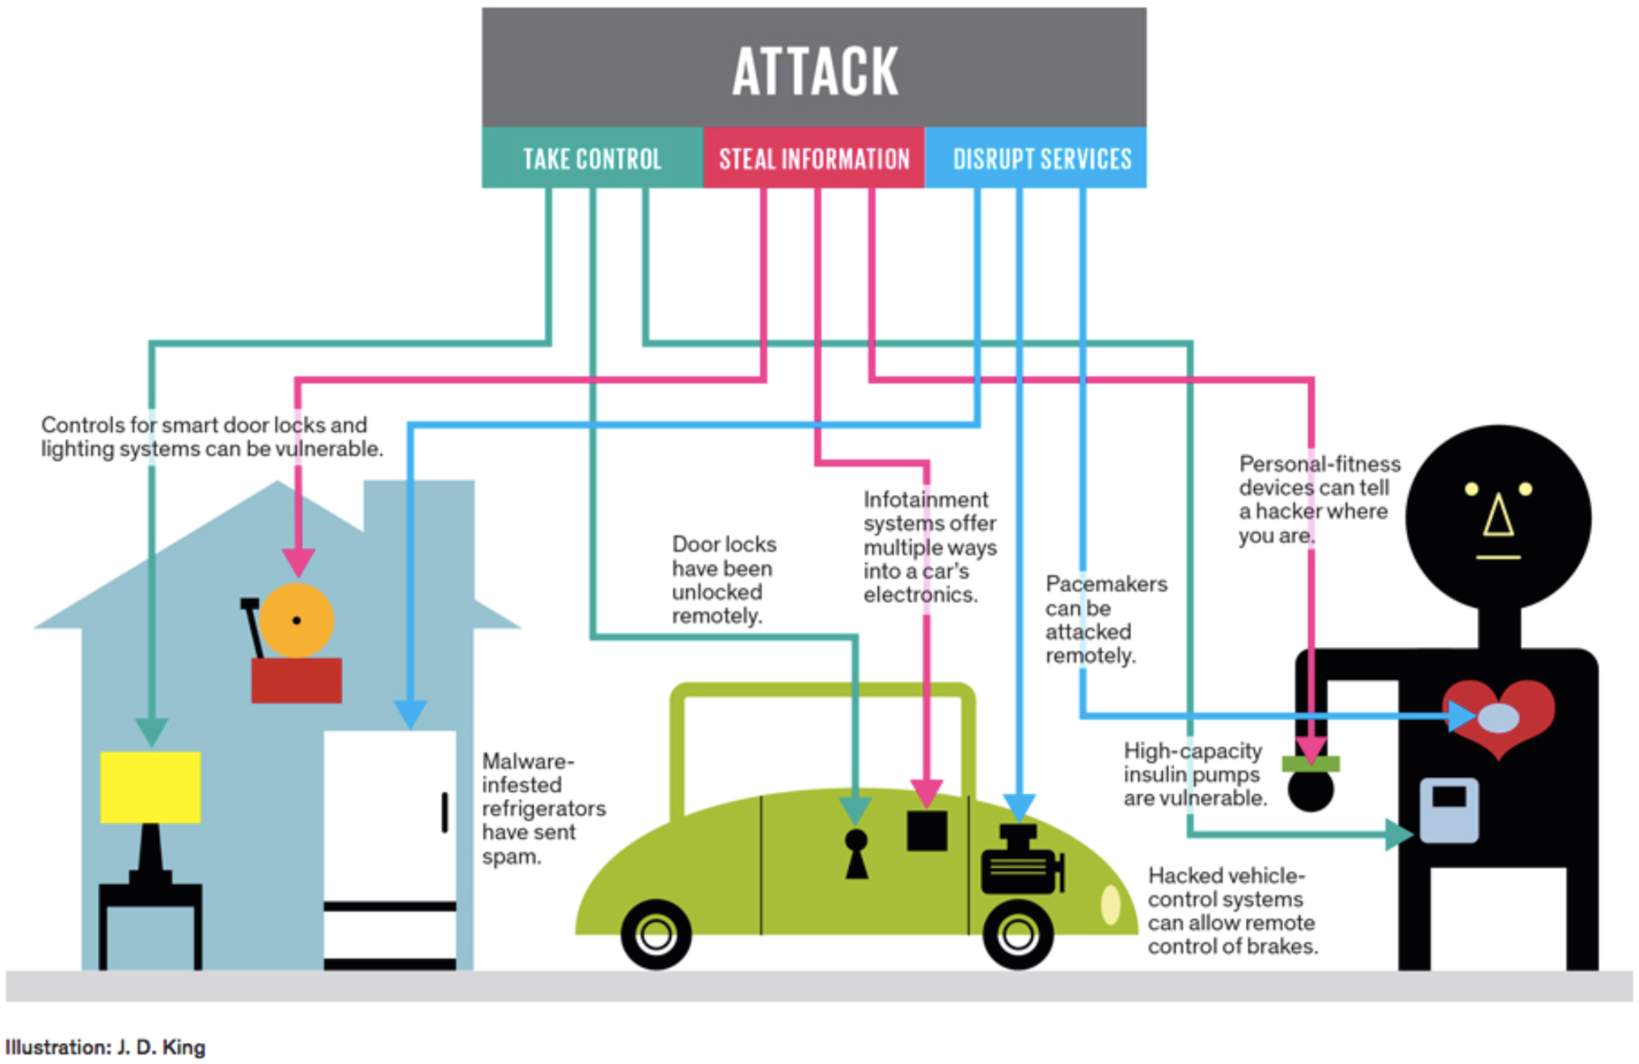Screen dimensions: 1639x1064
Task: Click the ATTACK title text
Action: pos(815,71)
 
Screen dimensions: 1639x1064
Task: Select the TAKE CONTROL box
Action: pos(593,158)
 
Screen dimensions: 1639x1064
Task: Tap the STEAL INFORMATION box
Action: pos(814,158)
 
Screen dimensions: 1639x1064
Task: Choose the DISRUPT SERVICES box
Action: pos(1036,158)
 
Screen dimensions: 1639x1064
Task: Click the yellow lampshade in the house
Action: pos(150,787)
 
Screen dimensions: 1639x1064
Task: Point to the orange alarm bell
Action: pos(297,620)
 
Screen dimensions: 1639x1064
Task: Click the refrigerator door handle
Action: pos(445,812)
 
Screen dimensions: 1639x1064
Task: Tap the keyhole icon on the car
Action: pos(856,854)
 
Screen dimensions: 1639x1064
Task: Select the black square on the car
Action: pos(927,830)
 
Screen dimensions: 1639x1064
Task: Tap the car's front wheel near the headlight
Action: pos(1018,935)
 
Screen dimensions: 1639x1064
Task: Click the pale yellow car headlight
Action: pos(1111,905)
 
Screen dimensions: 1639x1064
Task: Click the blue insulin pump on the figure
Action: pos(1450,810)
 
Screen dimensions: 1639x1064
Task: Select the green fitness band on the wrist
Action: pos(1311,763)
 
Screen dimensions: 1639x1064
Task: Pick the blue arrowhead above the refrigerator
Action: pos(410,714)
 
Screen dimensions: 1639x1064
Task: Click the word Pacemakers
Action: pos(1106,584)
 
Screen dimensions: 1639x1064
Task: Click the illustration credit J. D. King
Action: pos(161,1047)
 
